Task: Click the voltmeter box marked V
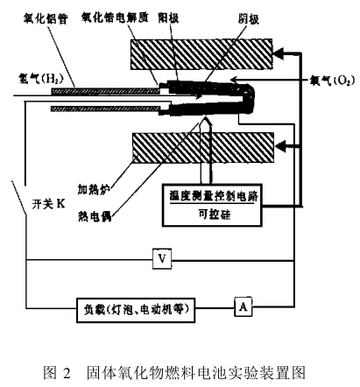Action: click(x=162, y=258)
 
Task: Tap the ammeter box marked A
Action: click(x=244, y=306)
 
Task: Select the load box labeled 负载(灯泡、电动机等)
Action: click(x=136, y=310)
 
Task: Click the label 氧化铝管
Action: click(x=46, y=19)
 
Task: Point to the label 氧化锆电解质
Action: click(x=115, y=18)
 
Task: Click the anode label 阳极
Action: click(x=168, y=18)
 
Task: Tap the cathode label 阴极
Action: click(x=249, y=19)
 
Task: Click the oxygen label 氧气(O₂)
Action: click(x=332, y=80)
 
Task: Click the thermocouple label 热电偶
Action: click(x=95, y=216)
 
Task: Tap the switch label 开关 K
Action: click(x=48, y=204)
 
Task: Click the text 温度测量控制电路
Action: click(x=214, y=196)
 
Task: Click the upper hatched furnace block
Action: click(x=201, y=54)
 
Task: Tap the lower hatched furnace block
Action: click(x=203, y=148)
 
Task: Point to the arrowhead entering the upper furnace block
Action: click(x=279, y=53)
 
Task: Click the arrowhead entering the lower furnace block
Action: click(x=280, y=146)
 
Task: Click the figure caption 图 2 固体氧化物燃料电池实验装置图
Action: click(x=174, y=373)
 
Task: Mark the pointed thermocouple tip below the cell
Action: click(x=206, y=117)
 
